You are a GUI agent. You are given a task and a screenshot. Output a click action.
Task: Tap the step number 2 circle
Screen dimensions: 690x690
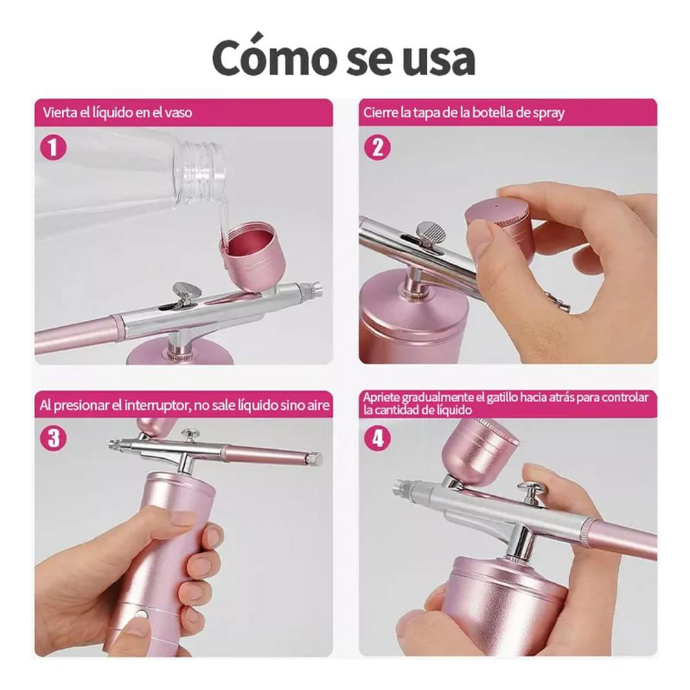click(377, 148)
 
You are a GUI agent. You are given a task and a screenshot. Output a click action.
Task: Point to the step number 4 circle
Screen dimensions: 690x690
click(377, 439)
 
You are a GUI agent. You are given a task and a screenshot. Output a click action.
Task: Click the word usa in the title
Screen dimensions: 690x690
click(440, 59)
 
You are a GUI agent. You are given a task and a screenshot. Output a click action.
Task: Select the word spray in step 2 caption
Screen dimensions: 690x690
click(544, 112)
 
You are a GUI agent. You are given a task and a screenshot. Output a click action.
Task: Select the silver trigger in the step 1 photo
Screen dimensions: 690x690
click(182, 293)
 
